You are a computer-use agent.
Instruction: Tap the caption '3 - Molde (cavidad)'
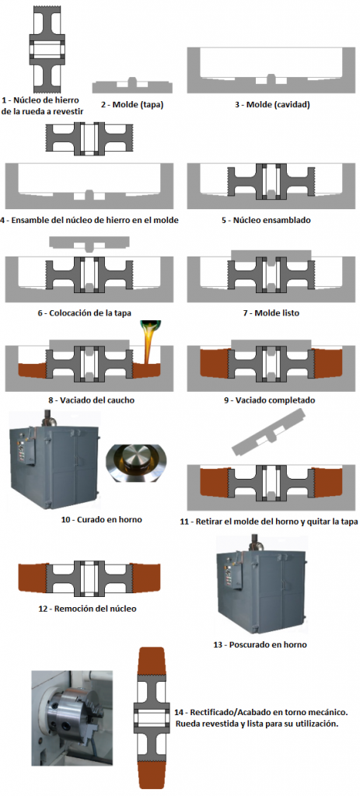coord(272,105)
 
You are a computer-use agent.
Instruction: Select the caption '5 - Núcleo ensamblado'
coord(272,220)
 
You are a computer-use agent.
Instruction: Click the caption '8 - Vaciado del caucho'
coord(92,400)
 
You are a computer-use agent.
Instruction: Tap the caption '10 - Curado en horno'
coord(100,519)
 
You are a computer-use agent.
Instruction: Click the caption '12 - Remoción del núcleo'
coord(88,608)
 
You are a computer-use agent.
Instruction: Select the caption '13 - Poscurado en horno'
coord(260,644)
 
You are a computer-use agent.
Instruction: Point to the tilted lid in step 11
coord(270,432)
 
